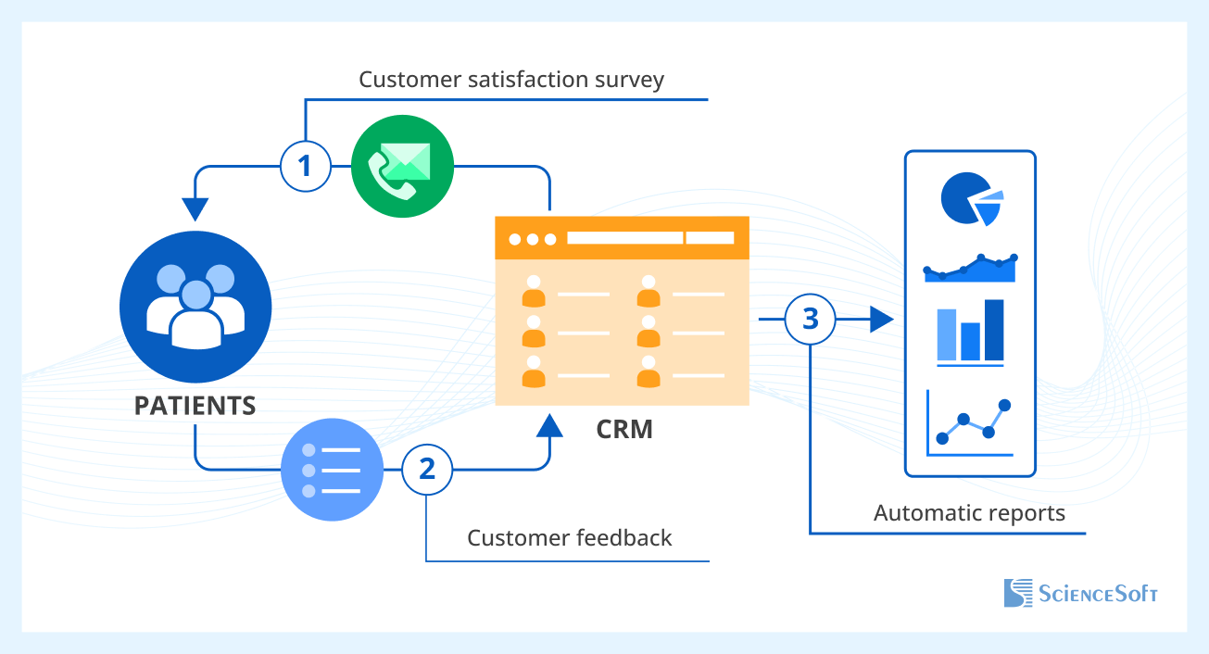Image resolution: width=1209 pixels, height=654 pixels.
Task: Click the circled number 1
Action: coord(305,167)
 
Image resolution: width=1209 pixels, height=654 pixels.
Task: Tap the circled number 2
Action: coord(426,470)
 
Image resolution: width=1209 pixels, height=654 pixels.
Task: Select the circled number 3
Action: coord(810,320)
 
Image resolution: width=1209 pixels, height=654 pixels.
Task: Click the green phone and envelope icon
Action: coord(401,166)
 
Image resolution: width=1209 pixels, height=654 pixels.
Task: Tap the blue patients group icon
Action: coord(195,305)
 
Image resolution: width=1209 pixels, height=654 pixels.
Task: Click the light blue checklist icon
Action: coord(332,470)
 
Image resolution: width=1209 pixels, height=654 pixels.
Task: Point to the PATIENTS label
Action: coord(195,406)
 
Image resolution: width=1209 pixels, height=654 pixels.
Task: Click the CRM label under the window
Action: coord(623,430)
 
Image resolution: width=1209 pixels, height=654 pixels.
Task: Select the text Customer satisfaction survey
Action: coord(511,80)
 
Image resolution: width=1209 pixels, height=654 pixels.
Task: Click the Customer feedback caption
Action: coord(569,538)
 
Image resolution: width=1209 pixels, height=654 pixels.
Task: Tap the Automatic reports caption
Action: coord(969,513)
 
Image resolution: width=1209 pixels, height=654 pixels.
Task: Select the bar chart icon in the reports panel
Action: coord(970,332)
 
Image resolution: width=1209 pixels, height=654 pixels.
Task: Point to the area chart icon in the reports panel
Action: coord(970,267)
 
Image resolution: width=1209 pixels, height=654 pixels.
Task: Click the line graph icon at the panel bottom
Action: coord(970,423)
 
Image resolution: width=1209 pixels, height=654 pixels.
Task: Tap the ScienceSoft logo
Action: coord(1080,594)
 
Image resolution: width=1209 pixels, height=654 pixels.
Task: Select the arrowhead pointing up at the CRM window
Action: coord(549,425)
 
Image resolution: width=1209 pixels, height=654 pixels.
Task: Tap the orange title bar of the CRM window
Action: coord(622,238)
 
